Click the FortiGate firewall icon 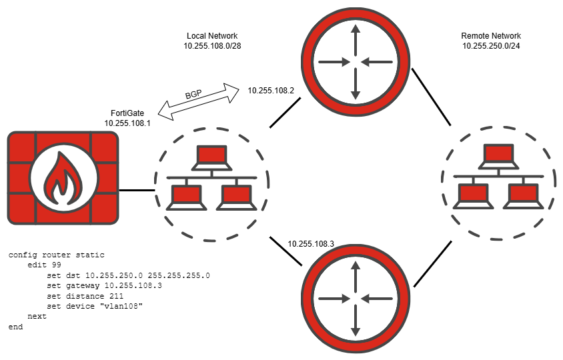pyautogui.click(x=63, y=178)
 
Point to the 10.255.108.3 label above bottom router pyautogui.click(x=311, y=244)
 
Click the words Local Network pyautogui.click(x=212, y=35)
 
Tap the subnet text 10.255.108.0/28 pyautogui.click(x=212, y=46)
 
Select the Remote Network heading pyautogui.click(x=491, y=35)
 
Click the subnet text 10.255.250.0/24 pyautogui.click(x=491, y=46)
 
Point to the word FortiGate pyautogui.click(x=127, y=113)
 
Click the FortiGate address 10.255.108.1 pyautogui.click(x=127, y=123)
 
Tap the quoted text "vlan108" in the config pyautogui.click(x=123, y=306)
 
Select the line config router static pyautogui.click(x=57, y=255)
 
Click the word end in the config pyautogui.click(x=16, y=327)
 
